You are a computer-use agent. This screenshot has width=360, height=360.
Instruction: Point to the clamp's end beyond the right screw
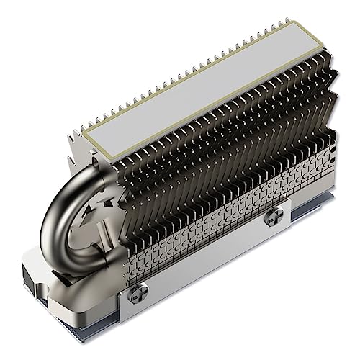pos(288,209)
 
